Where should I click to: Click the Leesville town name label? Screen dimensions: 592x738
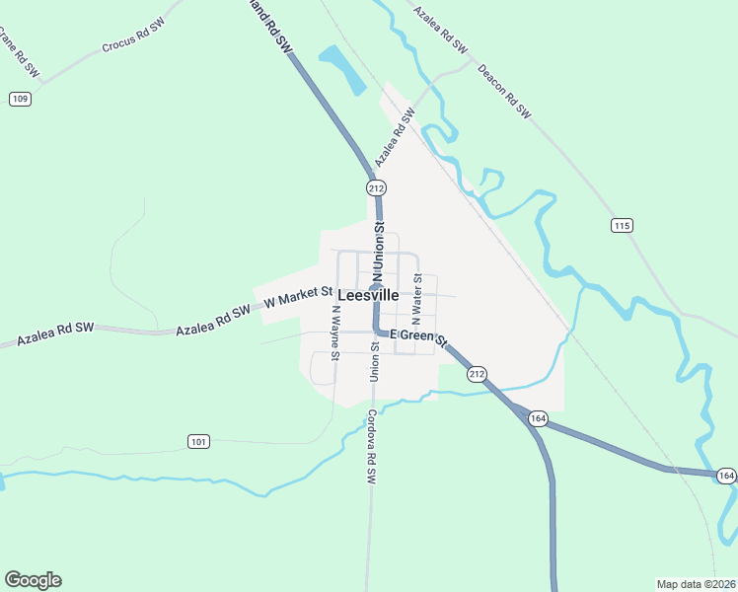(368, 295)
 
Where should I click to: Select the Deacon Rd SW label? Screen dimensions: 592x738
(504, 92)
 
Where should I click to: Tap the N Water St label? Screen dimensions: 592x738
(417, 294)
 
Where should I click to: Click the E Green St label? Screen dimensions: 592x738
(418, 338)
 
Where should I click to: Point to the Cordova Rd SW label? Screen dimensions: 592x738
(371, 446)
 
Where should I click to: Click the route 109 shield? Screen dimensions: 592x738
(21, 99)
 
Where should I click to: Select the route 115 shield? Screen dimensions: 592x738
(621, 226)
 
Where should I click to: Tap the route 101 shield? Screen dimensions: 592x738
(198, 441)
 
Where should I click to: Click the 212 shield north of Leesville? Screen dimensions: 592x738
(375, 187)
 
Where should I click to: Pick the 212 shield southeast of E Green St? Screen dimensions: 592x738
(477, 373)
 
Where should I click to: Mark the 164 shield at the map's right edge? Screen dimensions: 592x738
(726, 476)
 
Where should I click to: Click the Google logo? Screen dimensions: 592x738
(33, 580)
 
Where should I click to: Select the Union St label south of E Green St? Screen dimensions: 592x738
(375, 362)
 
